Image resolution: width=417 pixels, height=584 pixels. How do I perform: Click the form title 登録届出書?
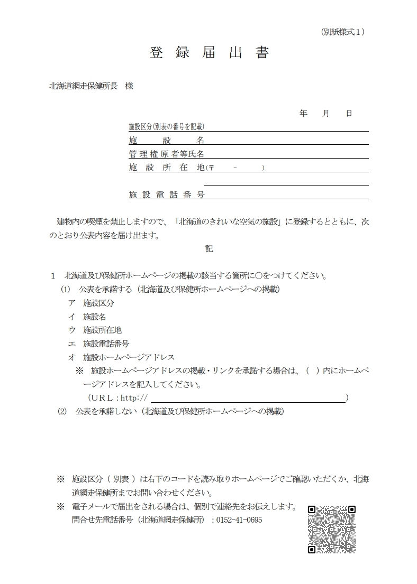209,53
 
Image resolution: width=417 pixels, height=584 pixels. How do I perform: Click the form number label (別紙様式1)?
343,32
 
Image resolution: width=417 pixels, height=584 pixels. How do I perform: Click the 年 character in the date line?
303,114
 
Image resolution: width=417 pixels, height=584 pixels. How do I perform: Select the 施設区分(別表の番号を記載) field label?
167,127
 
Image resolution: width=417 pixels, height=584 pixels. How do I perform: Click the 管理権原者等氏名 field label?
167,154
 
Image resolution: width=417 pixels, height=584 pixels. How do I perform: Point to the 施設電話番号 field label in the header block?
167,194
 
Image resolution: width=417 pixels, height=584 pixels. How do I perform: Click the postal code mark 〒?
211,168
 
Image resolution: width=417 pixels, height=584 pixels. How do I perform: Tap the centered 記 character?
209,248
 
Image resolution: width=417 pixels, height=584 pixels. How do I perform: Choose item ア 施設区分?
91,303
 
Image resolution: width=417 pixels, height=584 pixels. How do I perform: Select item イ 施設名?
87,317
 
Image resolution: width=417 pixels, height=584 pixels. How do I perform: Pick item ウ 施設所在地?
95,330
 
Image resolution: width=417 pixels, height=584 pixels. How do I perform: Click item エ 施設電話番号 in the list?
98,344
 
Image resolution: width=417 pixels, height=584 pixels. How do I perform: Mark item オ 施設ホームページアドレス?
121,357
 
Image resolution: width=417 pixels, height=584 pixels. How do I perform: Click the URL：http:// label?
118,397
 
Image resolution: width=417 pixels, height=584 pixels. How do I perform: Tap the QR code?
332,529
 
